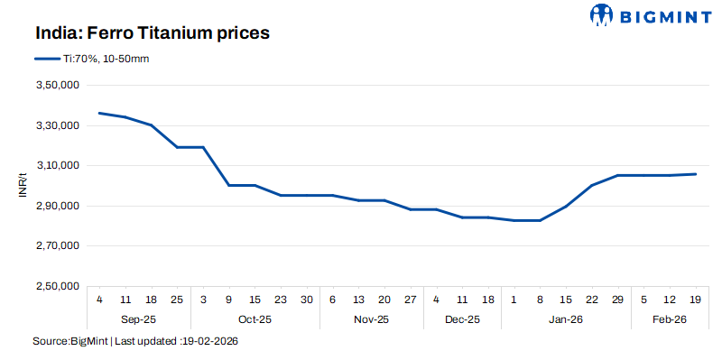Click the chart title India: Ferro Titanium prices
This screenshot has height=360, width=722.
pos(153,33)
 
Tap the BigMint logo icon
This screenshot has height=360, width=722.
pos(602,14)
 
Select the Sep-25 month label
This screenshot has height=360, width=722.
pos(138,318)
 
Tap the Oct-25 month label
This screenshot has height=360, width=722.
pos(255,318)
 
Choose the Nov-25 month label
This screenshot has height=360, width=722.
pos(372,318)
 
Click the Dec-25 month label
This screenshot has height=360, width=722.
pos(463,318)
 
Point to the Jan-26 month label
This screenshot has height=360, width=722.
pos(566,318)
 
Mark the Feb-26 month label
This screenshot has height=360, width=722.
pos(669,318)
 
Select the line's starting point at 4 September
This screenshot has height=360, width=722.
pos(99,113)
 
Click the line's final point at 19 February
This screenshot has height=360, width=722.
pos(696,174)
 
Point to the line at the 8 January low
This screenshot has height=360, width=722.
pos(540,220)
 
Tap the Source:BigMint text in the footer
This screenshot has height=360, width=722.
pos(70,343)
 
